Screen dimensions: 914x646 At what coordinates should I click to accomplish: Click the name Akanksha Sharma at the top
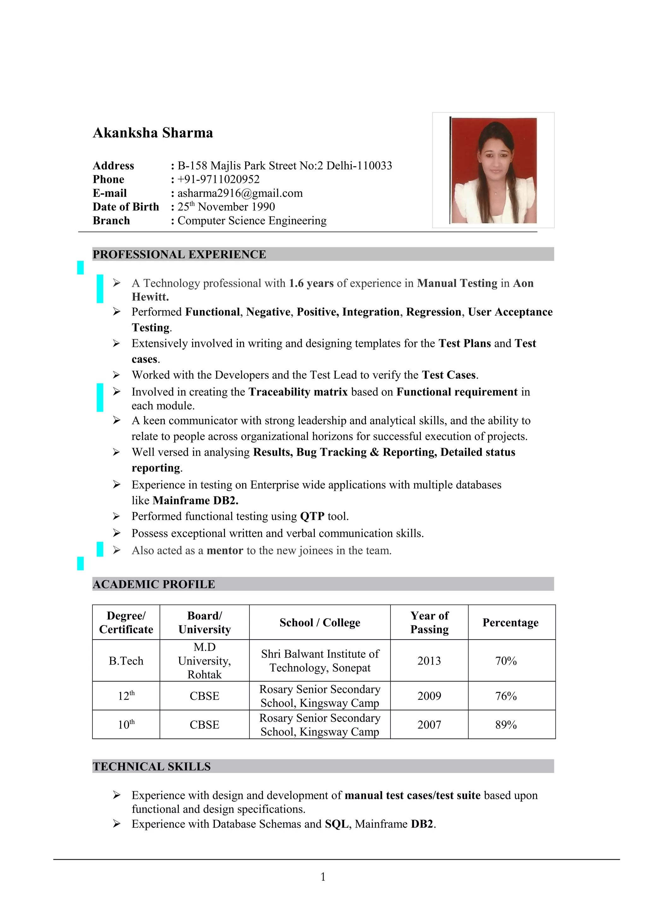click(153, 133)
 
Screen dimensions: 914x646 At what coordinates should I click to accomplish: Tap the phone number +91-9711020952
click(219, 179)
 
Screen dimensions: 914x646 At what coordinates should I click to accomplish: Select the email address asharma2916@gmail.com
click(240, 193)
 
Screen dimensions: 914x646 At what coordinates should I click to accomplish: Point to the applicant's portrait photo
click(493, 170)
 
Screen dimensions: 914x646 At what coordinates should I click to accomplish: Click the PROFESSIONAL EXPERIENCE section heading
click(179, 255)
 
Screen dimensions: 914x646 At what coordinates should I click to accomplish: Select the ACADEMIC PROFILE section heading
click(154, 584)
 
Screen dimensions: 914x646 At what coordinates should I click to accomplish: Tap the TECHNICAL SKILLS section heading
click(152, 767)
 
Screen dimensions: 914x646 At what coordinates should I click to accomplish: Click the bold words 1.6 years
click(311, 284)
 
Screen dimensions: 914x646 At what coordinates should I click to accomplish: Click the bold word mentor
click(225, 551)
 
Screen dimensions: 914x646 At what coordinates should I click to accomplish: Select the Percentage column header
click(510, 623)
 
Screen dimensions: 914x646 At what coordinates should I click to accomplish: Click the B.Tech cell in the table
click(126, 661)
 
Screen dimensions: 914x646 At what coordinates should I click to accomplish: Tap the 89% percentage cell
click(506, 725)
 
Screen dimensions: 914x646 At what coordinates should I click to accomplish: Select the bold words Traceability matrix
click(298, 392)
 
